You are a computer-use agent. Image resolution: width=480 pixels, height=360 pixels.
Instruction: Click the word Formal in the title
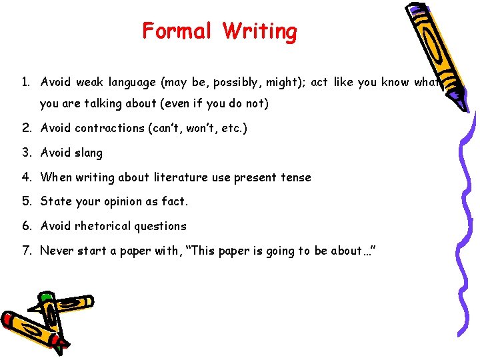(x=177, y=31)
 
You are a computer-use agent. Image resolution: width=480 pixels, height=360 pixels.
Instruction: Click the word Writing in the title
(x=260, y=31)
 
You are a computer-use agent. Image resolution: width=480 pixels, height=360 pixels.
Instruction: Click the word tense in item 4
(x=296, y=177)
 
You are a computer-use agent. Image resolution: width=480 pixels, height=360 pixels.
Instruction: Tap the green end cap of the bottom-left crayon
(x=45, y=297)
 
